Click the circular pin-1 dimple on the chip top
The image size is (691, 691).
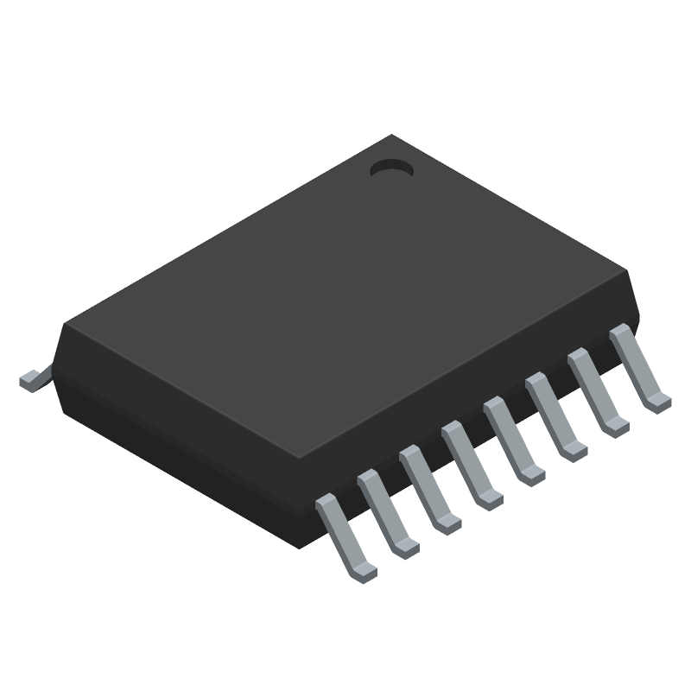[390, 169]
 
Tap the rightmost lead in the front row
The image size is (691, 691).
[639, 367]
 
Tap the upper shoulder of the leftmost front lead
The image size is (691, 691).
[326, 501]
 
